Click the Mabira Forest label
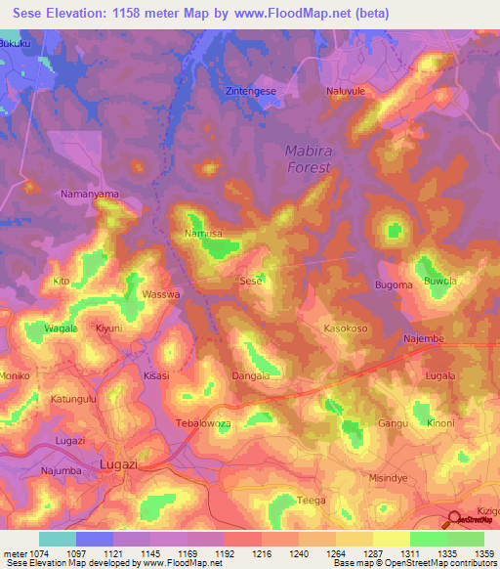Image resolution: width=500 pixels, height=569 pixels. (x=308, y=158)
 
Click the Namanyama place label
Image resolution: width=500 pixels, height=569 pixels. (x=90, y=195)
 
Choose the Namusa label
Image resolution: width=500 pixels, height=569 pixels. (x=203, y=235)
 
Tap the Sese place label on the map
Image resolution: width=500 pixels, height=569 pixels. (x=251, y=281)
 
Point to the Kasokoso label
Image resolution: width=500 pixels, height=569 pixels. (x=346, y=329)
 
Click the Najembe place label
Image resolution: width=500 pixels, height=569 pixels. (x=424, y=338)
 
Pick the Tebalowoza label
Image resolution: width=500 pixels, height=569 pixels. (x=202, y=423)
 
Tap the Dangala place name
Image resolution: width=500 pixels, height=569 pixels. (x=250, y=374)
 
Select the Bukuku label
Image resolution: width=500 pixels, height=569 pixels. (x=21, y=45)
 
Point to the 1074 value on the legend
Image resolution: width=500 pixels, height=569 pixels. (x=37, y=552)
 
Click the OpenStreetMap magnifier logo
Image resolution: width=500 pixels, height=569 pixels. (x=453, y=519)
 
